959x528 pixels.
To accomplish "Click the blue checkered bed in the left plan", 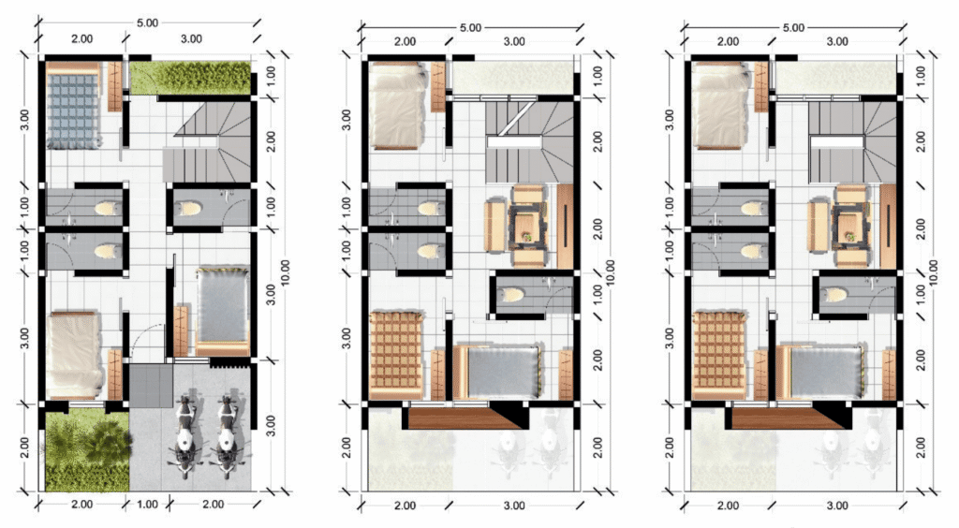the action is [73, 105].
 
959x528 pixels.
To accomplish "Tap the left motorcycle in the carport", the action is [184, 436].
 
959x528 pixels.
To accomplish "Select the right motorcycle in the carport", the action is [227, 436].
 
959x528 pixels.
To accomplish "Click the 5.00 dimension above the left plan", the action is [147, 22].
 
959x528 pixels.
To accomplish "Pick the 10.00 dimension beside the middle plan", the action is [610, 272].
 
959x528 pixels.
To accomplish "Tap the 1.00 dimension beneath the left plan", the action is [147, 505].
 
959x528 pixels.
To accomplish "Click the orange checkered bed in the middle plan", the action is [396, 354].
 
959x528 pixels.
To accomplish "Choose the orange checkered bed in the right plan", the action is [718, 354].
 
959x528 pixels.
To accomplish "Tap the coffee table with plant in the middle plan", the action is [525, 227].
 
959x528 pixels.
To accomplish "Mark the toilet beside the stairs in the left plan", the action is [189, 209].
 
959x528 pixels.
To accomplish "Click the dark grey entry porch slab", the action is [151, 385].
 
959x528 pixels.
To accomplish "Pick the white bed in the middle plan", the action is [397, 105].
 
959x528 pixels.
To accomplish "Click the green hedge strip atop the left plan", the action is [190, 78].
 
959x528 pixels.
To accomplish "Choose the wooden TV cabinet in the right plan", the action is [888, 227].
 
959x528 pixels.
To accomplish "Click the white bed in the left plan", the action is [74, 355].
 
